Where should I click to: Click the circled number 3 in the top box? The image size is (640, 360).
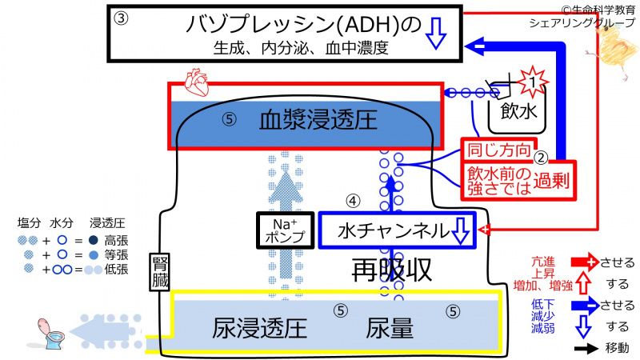point(121,18)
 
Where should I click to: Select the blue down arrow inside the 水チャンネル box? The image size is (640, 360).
point(461,231)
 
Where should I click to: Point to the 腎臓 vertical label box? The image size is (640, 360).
point(158,272)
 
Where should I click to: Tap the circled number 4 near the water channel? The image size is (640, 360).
point(353,199)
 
